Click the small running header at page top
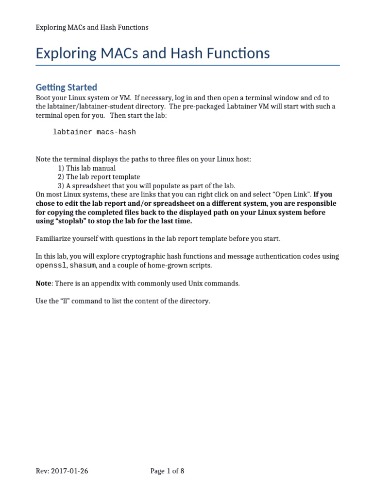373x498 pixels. click(92, 27)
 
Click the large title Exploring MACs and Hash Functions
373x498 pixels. click(153, 53)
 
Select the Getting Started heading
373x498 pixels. click(66, 88)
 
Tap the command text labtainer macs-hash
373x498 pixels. click(94, 132)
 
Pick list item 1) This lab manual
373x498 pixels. click(86, 168)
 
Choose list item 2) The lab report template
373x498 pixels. click(99, 177)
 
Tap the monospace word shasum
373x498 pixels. click(83, 266)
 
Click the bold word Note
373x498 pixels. click(44, 284)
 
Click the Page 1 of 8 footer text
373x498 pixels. click(167, 471)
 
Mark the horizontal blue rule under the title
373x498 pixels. click(187, 65)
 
